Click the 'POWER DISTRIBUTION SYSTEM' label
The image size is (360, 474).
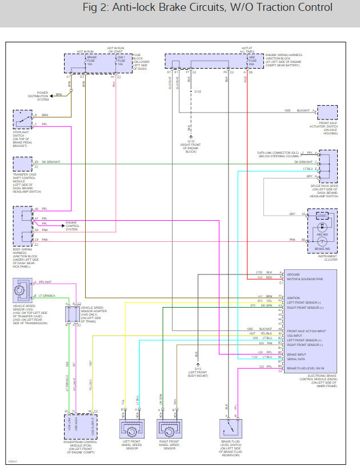tap(42, 95)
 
